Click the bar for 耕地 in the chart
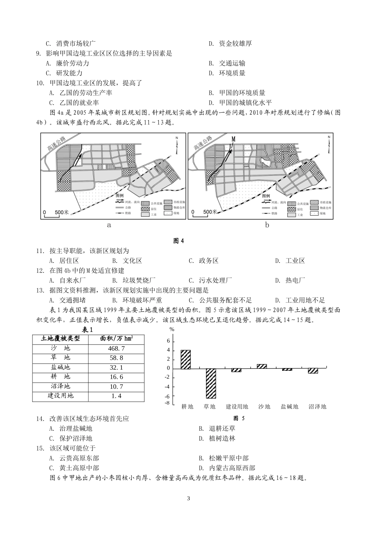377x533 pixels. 186,359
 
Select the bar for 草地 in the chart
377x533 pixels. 210,383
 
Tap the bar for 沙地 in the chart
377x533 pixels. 262,366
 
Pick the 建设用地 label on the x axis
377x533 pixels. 237,406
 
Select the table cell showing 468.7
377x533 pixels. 116,348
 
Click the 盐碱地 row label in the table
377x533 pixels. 60,367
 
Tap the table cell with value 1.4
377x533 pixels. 116,396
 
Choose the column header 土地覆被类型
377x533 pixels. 60,339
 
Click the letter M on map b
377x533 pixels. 234,139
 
